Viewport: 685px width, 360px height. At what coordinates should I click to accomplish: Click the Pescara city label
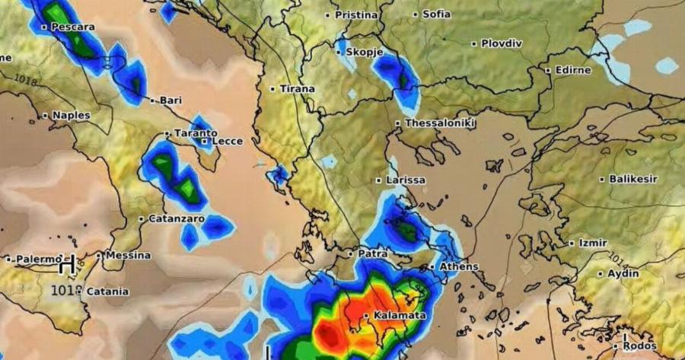(73, 27)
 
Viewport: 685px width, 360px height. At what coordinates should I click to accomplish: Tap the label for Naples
(71, 116)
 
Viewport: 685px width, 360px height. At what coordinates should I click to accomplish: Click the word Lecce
(227, 141)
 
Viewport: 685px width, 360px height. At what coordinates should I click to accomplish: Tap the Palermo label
(38, 259)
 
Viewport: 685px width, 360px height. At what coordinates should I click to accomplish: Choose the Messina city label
(127, 256)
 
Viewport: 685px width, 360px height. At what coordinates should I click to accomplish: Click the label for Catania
(107, 292)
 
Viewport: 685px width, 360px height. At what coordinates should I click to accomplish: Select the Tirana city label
(297, 89)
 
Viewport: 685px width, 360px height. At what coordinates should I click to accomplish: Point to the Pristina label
(356, 14)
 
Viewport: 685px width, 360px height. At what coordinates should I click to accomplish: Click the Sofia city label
(436, 14)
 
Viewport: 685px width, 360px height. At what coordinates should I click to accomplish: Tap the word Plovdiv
(502, 44)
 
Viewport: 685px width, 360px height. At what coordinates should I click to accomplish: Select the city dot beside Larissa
(378, 180)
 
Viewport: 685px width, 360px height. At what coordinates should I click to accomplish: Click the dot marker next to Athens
(432, 267)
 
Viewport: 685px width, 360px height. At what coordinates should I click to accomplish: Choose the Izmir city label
(593, 244)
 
